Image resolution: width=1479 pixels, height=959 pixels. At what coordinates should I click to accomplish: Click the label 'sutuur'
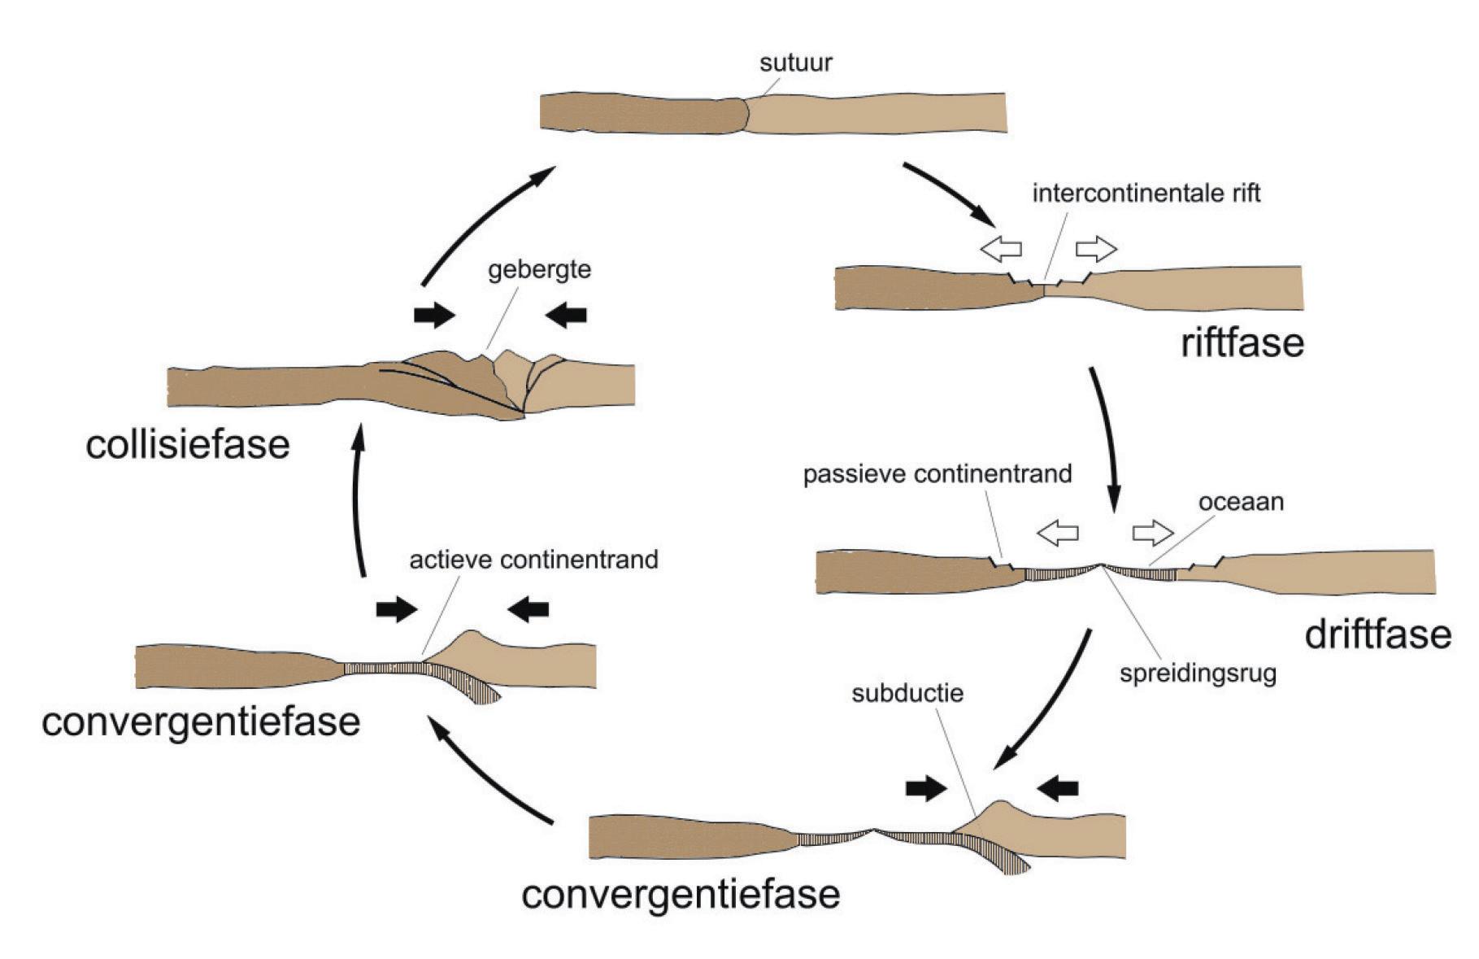[x=795, y=63]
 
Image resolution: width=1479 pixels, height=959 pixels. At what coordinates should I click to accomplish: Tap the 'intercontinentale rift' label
[x=1146, y=194]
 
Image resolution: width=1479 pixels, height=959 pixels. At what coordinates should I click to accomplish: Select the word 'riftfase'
[x=1242, y=342]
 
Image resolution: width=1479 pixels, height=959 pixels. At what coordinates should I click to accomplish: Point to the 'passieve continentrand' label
[x=937, y=474]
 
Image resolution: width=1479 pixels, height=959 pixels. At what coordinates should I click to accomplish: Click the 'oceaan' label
[x=1241, y=502]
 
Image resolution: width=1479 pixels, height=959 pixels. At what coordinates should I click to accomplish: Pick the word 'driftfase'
[x=1377, y=634]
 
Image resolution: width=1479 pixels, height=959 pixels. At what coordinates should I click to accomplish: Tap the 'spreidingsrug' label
[x=1197, y=673]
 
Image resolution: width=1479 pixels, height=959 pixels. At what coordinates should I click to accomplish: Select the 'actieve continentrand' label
[x=533, y=560]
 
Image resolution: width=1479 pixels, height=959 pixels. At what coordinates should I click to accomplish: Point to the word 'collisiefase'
[x=188, y=445]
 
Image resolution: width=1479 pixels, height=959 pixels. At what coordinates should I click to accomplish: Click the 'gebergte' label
[x=539, y=270]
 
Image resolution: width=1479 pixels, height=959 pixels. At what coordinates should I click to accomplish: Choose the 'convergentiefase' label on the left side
[x=201, y=721]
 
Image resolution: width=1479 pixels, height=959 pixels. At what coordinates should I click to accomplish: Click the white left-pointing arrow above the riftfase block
[x=1001, y=249]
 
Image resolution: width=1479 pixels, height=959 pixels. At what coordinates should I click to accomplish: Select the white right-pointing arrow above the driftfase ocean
[x=1153, y=533]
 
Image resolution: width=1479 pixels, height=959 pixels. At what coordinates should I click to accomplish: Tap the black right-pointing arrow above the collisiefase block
[x=434, y=315]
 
